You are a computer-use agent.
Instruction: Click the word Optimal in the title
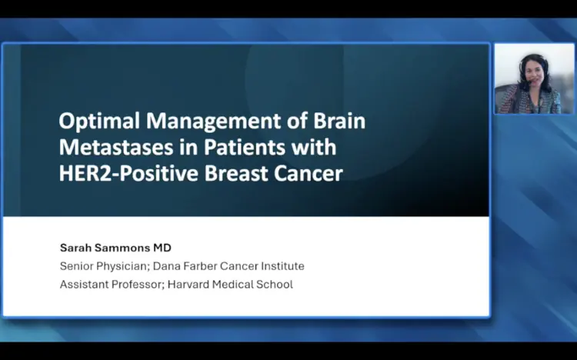[99, 121]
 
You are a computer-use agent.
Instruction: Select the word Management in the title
[213, 121]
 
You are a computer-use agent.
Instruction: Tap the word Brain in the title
[339, 120]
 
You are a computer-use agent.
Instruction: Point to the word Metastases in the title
[116, 147]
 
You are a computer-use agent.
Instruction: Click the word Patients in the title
[245, 147]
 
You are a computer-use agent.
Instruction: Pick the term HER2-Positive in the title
[128, 173]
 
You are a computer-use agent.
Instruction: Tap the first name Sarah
[75, 248]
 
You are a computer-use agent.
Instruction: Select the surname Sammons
[122, 248]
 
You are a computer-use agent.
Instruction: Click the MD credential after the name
[162, 248]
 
